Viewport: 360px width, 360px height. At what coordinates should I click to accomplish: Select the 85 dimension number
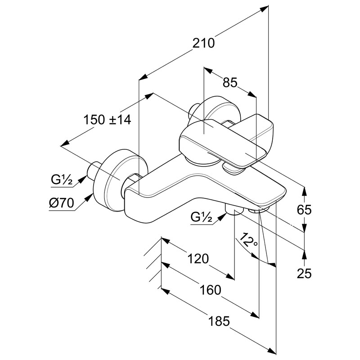click(229, 83)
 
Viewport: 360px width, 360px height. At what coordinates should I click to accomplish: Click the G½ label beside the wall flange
click(62, 180)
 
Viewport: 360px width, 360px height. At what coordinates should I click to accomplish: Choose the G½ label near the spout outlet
click(201, 217)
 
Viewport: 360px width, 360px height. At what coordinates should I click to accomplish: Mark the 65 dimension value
click(305, 209)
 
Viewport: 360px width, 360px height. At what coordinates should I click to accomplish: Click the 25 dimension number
click(305, 273)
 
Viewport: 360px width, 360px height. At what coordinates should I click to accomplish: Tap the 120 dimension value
click(198, 259)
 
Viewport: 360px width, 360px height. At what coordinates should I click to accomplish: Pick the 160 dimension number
click(211, 290)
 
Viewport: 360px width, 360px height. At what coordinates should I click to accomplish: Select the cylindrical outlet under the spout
click(233, 210)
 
